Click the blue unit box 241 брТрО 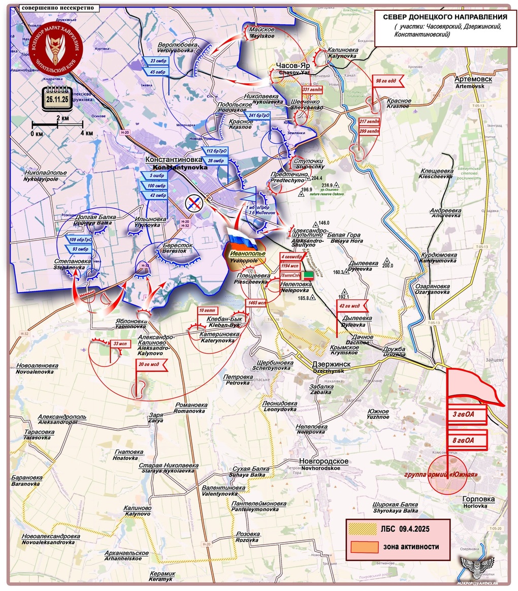coord(258,116)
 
